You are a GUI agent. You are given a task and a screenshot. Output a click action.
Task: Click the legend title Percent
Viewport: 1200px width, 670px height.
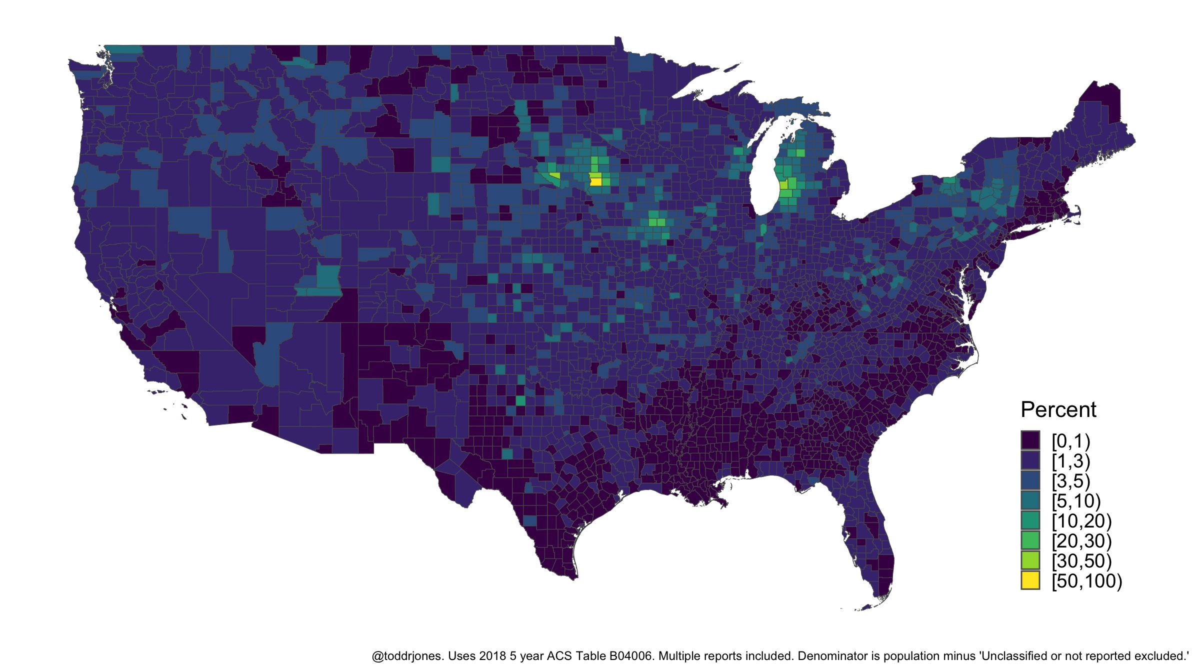pyautogui.click(x=1058, y=409)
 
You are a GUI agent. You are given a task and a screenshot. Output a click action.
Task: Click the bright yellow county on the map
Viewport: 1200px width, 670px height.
pyautogui.click(x=595, y=182)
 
